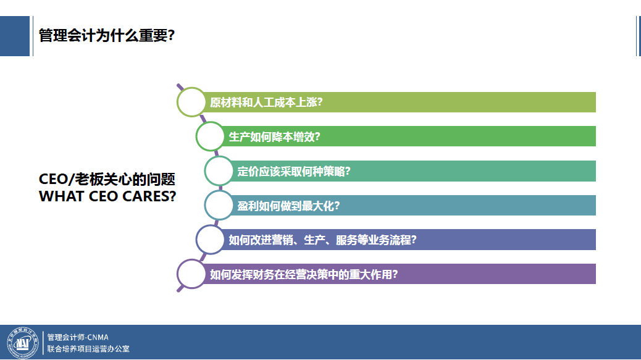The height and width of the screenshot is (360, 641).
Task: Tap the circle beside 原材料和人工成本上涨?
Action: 191,102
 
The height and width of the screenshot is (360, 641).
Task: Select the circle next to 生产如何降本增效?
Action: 211,136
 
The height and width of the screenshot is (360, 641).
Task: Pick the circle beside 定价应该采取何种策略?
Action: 219,171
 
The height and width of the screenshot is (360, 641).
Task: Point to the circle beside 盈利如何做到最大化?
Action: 219,206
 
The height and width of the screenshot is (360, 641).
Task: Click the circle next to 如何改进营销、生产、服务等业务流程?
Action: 211,240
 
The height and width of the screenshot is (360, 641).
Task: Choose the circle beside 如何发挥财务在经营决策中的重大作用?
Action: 191,274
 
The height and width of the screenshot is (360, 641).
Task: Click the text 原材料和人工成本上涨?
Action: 266,103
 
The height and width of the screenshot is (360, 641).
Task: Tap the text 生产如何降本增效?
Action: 274,136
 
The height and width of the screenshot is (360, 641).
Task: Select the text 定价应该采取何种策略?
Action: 294,171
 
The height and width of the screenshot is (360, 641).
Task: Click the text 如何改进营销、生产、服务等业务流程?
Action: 322,240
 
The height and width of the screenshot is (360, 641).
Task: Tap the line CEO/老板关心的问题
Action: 107,180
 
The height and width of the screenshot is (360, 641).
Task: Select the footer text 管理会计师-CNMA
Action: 78,337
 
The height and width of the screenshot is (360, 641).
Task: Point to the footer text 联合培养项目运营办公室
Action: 88,349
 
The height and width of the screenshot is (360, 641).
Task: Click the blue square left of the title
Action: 15,35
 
